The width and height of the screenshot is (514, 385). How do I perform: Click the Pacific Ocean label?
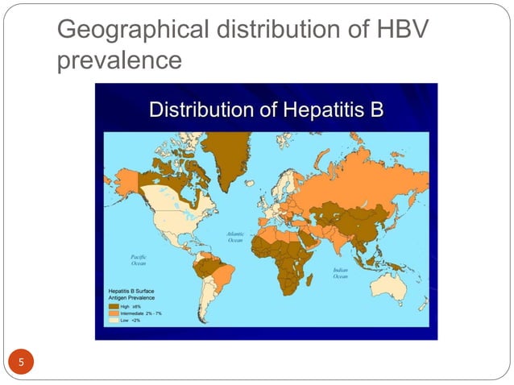click(x=138, y=259)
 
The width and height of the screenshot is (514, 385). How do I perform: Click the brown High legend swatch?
click(x=114, y=306)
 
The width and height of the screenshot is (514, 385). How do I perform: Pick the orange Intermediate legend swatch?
click(x=114, y=313)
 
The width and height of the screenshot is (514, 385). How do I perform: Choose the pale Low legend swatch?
click(x=114, y=320)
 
